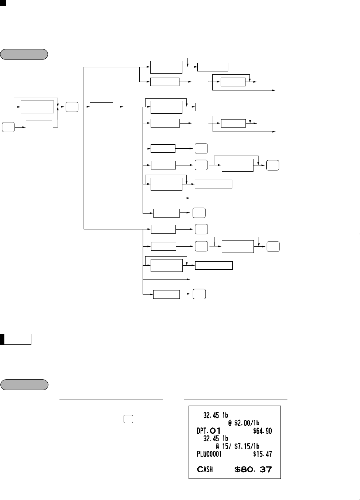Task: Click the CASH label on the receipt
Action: tap(205, 469)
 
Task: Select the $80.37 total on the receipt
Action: tap(253, 469)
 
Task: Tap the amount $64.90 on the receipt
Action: tap(262, 431)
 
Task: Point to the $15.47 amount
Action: tap(262, 454)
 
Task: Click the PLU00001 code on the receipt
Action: tap(209, 454)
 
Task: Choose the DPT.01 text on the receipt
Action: tap(209, 431)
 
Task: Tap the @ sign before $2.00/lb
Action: tap(230, 423)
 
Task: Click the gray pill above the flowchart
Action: tap(24, 54)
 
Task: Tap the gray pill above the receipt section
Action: tap(24, 385)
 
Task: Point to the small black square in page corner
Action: tap(3, 3)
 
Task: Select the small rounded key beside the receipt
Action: tap(128, 419)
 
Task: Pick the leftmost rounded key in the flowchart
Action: tap(8, 127)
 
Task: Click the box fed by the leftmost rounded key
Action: tap(39, 127)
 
